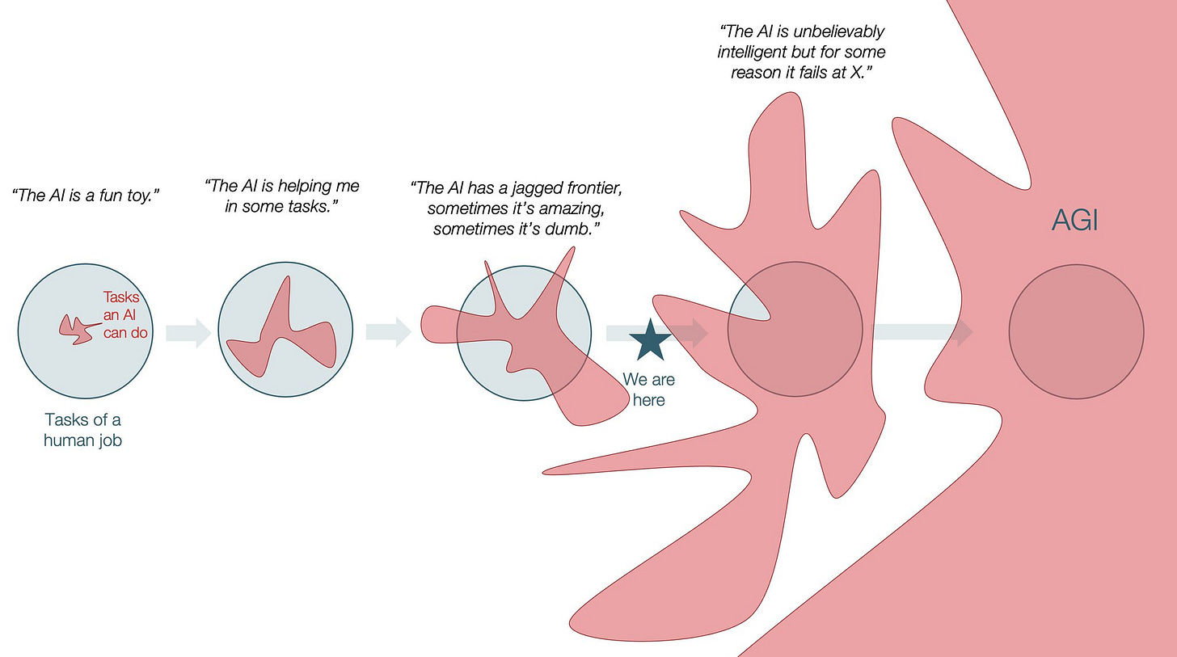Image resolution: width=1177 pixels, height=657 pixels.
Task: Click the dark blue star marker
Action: [649, 340]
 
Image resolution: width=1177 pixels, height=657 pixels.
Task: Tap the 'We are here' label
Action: [648, 390]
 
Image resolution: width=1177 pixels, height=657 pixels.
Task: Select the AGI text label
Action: [1075, 221]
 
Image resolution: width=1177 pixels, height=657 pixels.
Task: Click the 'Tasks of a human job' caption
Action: [83, 430]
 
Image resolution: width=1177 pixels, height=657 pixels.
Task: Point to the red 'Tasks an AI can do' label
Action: [125, 315]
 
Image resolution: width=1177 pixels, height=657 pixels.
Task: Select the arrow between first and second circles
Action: [188, 332]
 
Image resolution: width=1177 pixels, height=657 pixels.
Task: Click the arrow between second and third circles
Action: [388, 332]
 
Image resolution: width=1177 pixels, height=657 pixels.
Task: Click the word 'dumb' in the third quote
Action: [573, 229]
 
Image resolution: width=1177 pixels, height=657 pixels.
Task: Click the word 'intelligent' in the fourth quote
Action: [756, 53]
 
